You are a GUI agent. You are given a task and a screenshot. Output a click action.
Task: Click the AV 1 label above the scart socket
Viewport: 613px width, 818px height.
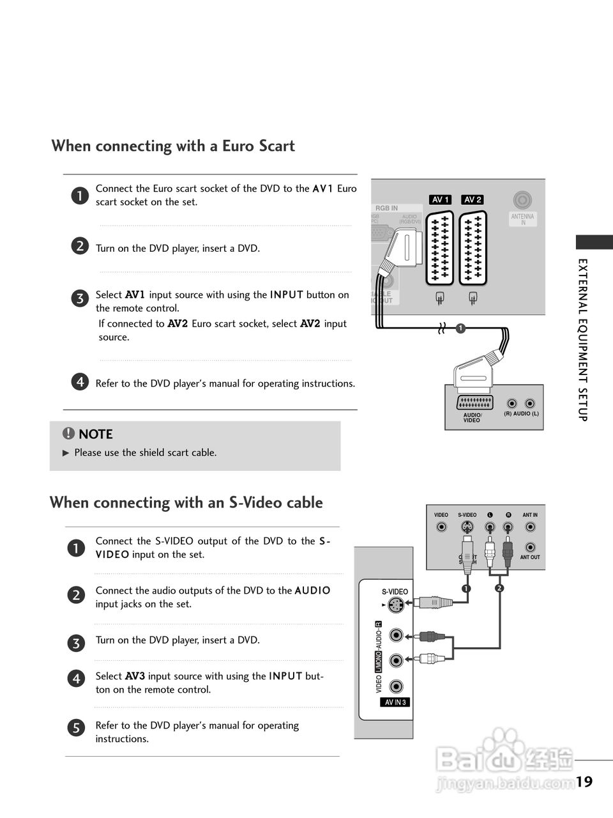[441, 199]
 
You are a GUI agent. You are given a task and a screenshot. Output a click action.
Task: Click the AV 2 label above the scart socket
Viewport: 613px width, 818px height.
[473, 199]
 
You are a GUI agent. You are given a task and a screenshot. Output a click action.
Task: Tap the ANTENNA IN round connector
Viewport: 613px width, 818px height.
[522, 201]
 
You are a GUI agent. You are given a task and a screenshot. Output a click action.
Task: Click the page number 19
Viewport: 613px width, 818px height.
[584, 782]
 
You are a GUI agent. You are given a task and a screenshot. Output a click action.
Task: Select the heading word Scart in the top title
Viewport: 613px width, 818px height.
[276, 146]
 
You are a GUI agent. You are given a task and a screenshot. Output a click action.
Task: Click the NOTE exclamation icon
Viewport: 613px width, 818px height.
[68, 434]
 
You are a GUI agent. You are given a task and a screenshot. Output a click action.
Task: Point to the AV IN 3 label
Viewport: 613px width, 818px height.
[395, 702]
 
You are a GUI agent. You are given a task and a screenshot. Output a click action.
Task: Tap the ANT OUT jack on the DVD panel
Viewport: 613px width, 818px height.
[530, 548]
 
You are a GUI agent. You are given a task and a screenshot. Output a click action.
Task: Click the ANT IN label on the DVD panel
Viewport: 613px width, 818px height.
[530, 515]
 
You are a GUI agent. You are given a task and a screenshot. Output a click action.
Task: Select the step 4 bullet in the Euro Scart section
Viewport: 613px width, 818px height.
[79, 382]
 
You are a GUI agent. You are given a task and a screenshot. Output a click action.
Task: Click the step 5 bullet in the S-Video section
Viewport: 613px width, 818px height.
[75, 727]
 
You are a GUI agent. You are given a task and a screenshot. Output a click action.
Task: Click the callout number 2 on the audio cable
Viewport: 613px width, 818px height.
[499, 588]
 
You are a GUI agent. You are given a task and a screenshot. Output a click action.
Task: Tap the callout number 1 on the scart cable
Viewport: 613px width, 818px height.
[459, 328]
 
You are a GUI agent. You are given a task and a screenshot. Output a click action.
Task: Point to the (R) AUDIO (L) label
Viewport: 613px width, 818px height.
[521, 414]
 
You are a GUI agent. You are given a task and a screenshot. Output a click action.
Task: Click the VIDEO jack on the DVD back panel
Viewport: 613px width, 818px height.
[441, 527]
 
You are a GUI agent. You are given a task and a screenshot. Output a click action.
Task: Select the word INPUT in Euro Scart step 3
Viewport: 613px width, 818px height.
[286, 295]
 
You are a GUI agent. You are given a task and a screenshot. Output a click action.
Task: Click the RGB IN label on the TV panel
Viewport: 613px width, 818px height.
[386, 208]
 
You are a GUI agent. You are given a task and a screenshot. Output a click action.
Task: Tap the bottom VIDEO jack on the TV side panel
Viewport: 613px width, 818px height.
[397, 686]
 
